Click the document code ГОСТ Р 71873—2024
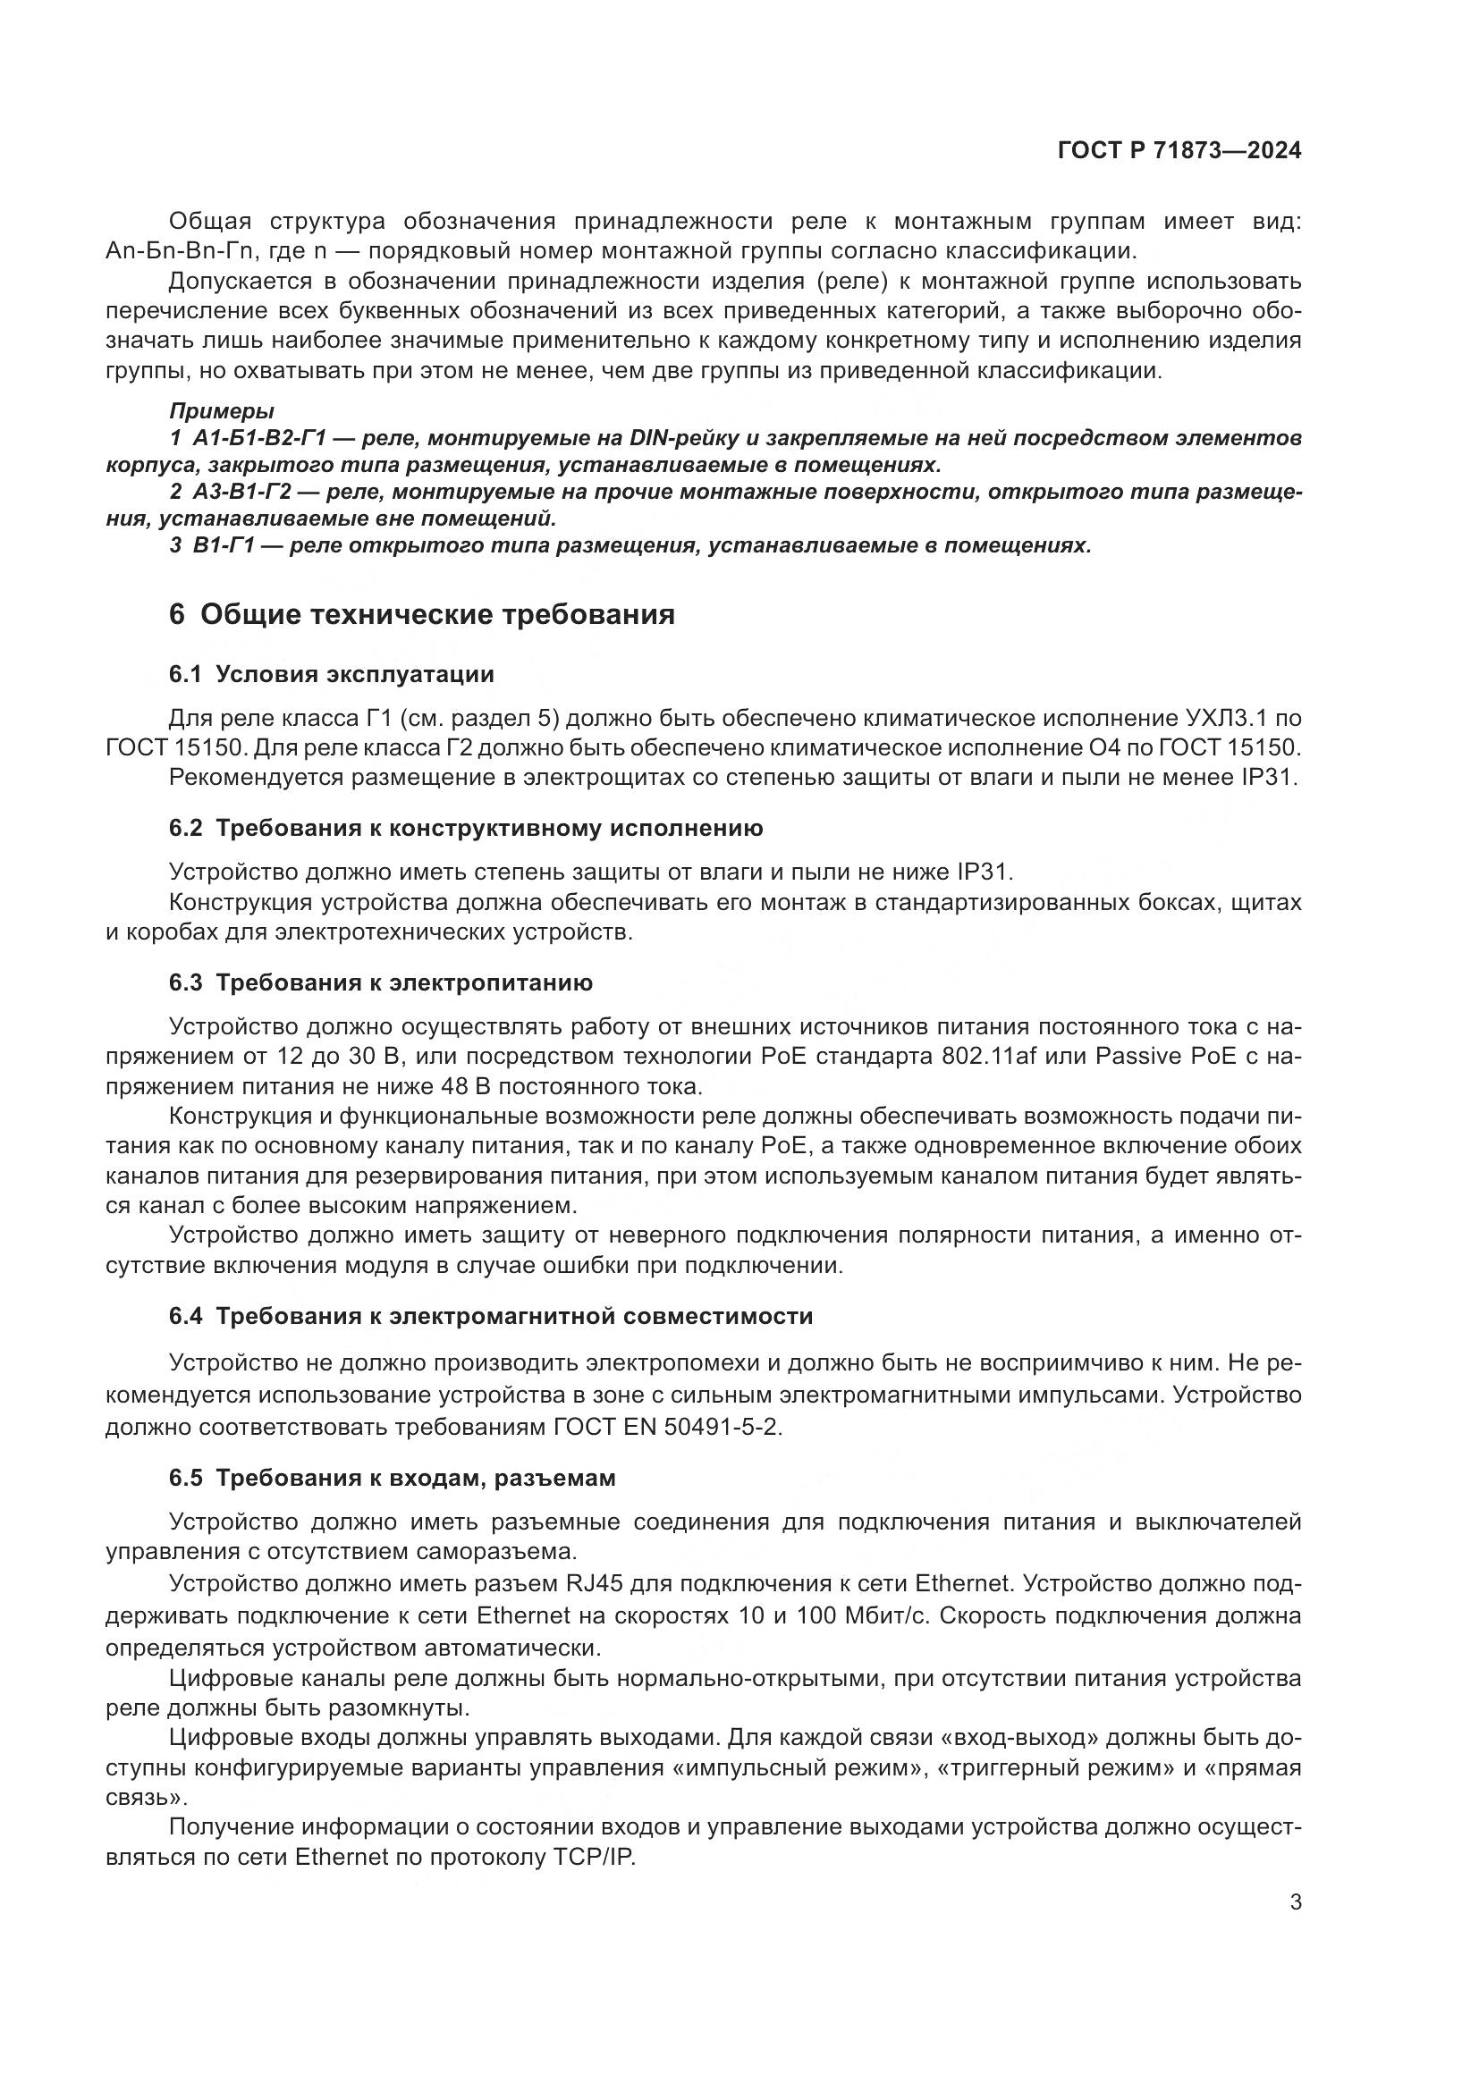pos(1179,151)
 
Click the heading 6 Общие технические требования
pos(422,615)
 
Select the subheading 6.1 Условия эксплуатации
pos(332,675)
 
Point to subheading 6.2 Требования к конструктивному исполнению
pos(465,829)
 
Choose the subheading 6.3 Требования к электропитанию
pos(381,982)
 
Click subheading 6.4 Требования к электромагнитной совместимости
pos(491,1316)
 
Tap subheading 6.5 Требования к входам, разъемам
pos(392,1478)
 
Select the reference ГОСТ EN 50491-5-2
pos(668,1426)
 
